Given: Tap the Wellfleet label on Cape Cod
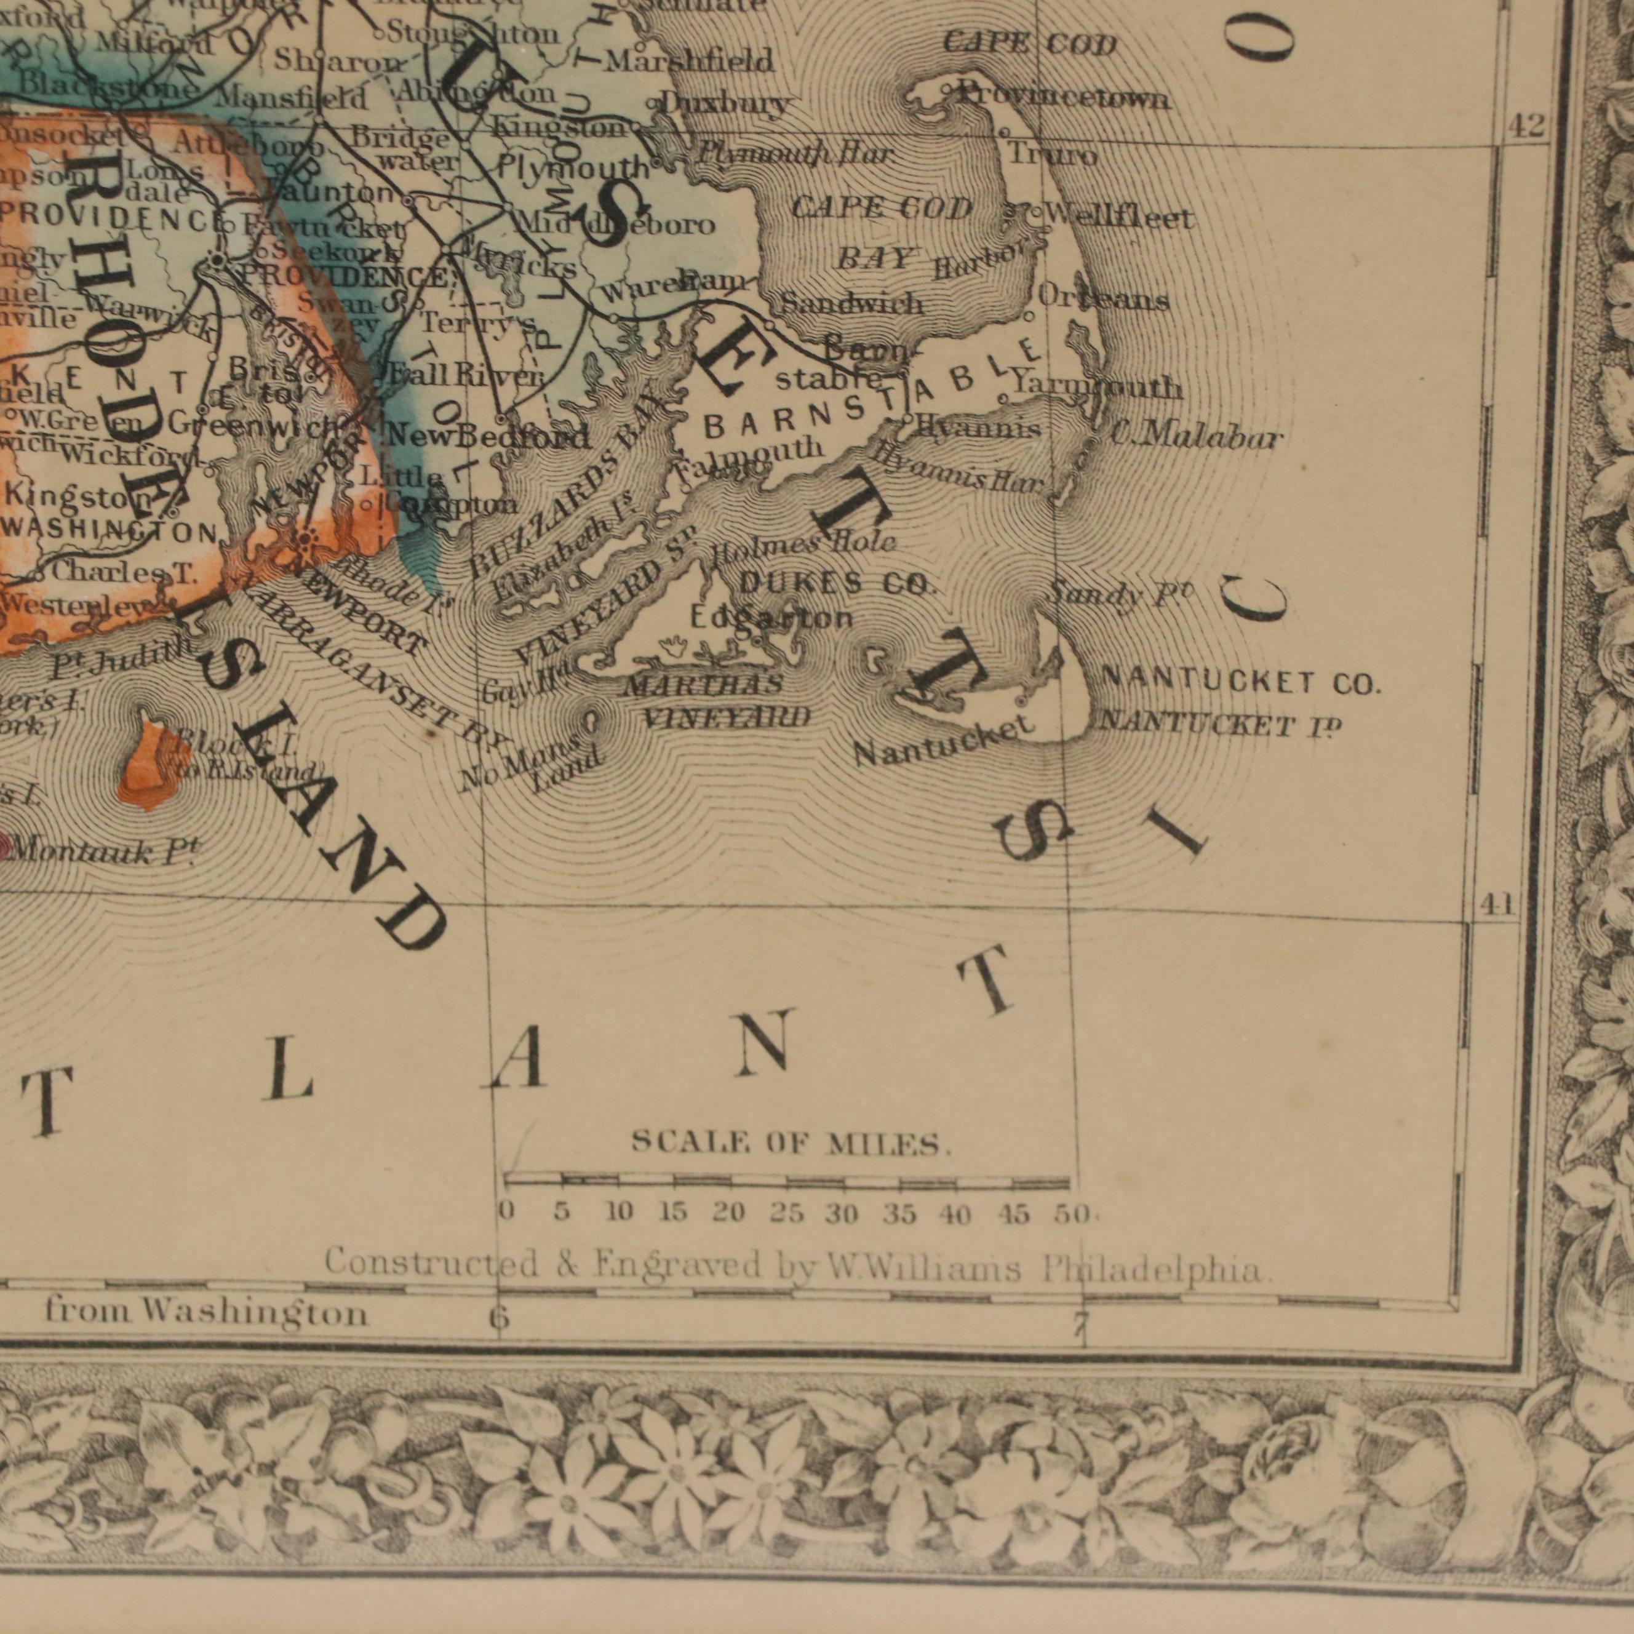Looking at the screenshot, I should pos(1118,218).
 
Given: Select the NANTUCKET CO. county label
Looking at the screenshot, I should pos(1241,682).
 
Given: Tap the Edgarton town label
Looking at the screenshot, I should pos(772,618).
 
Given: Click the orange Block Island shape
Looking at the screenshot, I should pos(152,765).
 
